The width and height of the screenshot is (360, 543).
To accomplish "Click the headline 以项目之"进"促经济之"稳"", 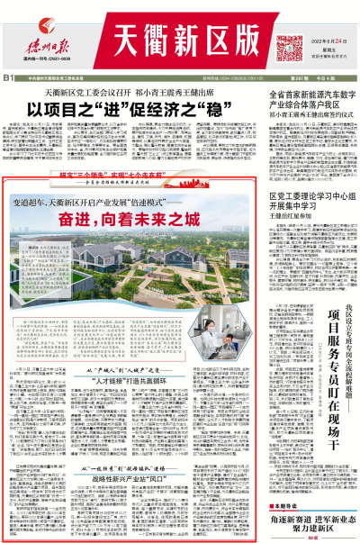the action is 129,107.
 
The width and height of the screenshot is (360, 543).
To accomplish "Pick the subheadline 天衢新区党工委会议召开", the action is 80,92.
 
